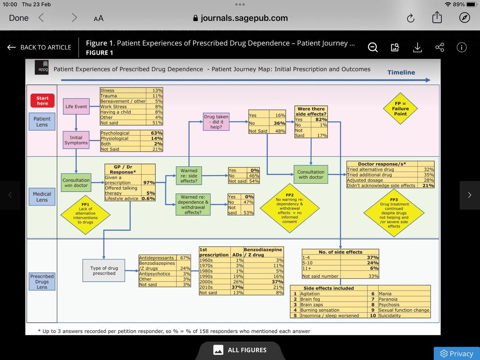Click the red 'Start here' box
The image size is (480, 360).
[x=42, y=101]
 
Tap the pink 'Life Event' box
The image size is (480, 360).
[x=76, y=107]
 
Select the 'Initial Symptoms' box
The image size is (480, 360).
[x=76, y=140]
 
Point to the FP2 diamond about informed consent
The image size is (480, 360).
[x=290, y=208]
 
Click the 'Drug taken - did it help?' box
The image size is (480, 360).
[x=216, y=122]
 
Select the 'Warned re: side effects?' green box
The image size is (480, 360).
[x=189, y=176]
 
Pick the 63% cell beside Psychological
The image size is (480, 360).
[x=156, y=133]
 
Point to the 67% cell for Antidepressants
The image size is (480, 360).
[x=185, y=258]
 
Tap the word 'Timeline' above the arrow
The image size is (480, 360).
[x=401, y=72]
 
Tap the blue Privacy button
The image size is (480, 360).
[x=456, y=354]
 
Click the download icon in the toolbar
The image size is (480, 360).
[x=417, y=48]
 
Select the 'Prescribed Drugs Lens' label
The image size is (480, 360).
[x=42, y=282]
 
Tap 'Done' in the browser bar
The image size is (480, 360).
[x=19, y=18]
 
